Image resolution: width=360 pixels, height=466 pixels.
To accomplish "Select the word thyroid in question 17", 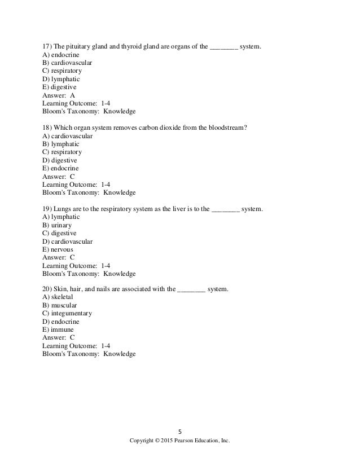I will [x=129, y=47].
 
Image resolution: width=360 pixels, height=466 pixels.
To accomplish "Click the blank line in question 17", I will [x=223, y=47].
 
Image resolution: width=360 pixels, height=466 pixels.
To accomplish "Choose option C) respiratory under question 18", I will [x=62, y=152].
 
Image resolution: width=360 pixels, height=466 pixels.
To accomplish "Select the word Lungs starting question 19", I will [x=63, y=209].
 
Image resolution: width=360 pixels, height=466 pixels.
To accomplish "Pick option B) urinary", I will [x=57, y=226].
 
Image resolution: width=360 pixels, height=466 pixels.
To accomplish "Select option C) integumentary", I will [x=67, y=314].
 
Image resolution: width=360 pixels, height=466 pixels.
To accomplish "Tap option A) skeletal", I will [x=58, y=297].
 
